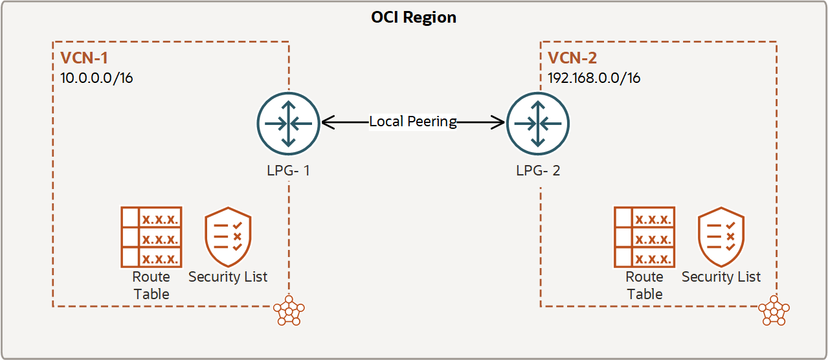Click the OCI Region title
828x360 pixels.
pyautogui.click(x=413, y=17)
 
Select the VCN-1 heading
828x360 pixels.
pyautogui.click(x=84, y=58)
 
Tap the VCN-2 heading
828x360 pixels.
pyautogui.click(x=572, y=58)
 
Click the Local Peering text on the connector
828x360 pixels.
pyautogui.click(x=413, y=122)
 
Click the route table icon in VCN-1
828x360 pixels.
pyautogui.click(x=151, y=237)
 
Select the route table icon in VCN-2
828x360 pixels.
pyautogui.click(x=644, y=237)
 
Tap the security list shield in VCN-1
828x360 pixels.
pyautogui.click(x=227, y=237)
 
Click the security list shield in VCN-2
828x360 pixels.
pyautogui.click(x=721, y=237)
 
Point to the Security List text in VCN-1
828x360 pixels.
pyautogui.click(x=227, y=276)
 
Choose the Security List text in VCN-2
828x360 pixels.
pyautogui.click(x=721, y=276)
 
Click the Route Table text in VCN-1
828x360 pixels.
pyautogui.click(x=151, y=285)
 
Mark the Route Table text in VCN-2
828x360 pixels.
pyautogui.click(x=644, y=285)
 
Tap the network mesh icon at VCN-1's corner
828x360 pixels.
pyautogui.click(x=288, y=311)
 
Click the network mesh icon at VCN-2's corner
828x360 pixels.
pyautogui.click(x=774, y=311)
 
